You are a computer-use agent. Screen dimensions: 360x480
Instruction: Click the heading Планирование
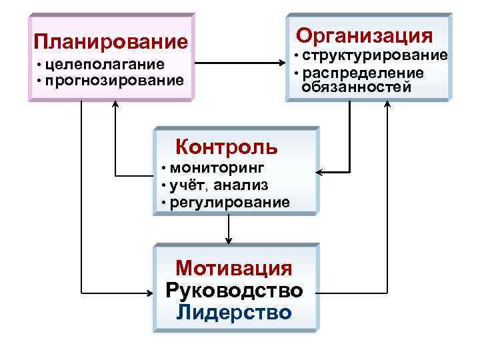111,43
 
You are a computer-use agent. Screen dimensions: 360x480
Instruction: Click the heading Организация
365,35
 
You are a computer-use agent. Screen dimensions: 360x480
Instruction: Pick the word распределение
365,73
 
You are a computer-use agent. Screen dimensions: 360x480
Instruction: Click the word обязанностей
357,87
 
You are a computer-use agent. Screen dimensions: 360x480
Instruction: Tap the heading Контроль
227,145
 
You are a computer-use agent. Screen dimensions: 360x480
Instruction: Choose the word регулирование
230,201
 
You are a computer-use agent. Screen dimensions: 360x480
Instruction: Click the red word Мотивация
234,268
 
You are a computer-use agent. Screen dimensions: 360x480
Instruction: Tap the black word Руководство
234,291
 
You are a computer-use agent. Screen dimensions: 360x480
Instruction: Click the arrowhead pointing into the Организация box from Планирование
281,64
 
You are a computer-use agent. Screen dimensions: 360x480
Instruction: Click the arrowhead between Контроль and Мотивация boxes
229,241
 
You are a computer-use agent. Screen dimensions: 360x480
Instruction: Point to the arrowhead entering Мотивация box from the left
149,292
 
